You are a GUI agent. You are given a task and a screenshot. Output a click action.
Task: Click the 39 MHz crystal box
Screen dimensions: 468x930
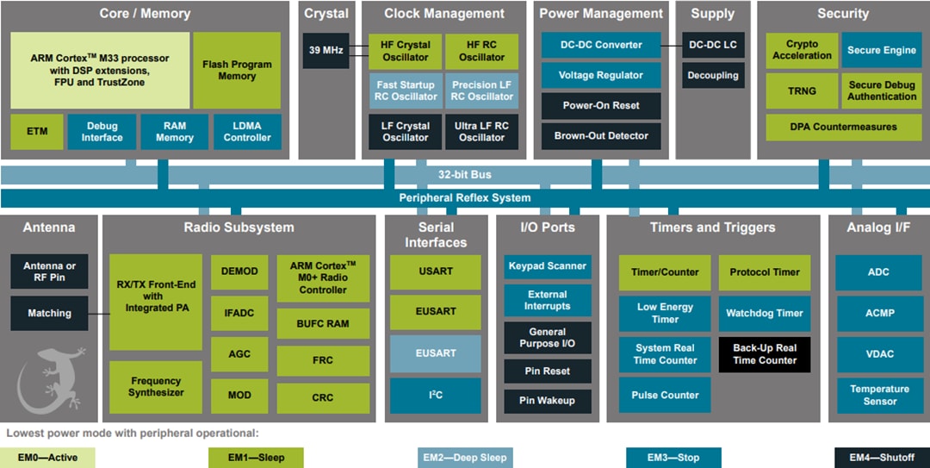(325, 51)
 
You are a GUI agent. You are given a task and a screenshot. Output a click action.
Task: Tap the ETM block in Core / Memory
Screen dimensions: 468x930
(37, 132)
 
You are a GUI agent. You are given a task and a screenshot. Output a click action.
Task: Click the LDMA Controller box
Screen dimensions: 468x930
(247, 132)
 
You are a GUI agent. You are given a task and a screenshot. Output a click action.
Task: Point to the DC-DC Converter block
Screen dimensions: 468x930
(601, 45)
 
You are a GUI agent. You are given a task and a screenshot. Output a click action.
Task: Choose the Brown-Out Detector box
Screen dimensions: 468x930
(601, 135)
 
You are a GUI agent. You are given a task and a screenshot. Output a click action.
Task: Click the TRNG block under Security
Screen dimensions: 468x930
(802, 90)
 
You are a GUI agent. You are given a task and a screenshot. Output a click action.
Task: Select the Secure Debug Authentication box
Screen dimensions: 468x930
(882, 90)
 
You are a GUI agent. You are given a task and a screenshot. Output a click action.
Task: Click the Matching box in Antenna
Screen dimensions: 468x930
(49, 313)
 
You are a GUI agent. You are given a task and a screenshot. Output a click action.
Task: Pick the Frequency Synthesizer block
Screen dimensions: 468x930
(156, 387)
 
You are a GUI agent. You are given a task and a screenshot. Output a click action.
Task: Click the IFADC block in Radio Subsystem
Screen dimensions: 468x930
(239, 313)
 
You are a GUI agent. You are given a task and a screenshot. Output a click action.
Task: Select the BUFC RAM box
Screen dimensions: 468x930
(323, 324)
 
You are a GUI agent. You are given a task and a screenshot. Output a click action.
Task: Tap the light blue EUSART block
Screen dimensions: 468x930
(436, 353)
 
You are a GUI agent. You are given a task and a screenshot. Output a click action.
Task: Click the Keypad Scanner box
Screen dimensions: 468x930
(548, 266)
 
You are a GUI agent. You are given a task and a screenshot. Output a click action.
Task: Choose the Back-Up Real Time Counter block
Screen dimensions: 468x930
(765, 354)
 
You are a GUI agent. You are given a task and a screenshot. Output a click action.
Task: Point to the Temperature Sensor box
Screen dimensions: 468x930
(879, 395)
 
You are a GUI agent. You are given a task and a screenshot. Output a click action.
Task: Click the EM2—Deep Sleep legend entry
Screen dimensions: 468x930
(465, 457)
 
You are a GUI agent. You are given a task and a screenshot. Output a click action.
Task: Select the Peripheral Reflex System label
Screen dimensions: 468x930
(465, 197)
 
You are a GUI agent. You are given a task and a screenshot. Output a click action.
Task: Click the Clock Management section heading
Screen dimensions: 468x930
(443, 13)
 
